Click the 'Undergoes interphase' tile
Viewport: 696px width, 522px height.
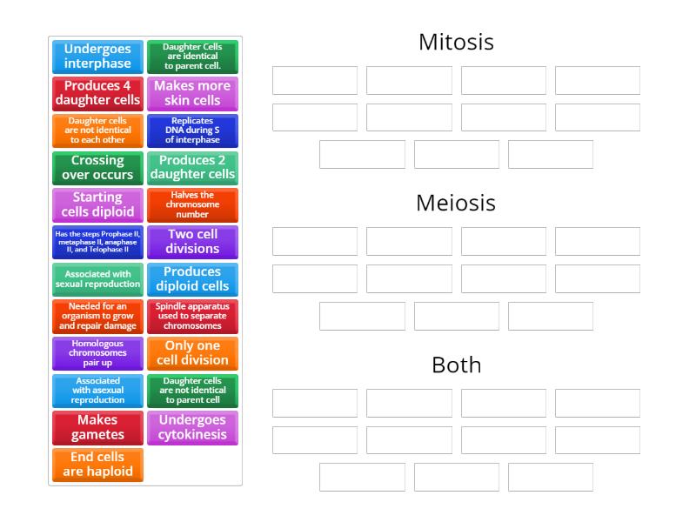pos(97,57)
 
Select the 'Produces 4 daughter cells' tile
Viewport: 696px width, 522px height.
pos(97,93)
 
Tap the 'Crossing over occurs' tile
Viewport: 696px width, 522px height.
pos(97,168)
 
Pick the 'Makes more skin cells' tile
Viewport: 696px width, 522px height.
pos(192,93)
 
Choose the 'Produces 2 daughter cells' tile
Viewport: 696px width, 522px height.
pos(192,168)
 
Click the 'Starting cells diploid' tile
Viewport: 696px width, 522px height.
pos(97,205)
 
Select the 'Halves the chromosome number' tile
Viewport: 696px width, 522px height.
pos(192,205)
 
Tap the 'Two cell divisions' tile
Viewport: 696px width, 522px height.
pos(192,242)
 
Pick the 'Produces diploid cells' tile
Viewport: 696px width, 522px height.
pos(192,279)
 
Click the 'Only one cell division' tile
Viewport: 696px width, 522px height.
pos(192,353)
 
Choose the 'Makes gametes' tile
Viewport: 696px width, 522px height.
pos(97,427)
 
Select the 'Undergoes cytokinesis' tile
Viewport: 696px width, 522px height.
pos(192,427)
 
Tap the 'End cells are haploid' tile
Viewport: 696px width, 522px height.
pos(97,465)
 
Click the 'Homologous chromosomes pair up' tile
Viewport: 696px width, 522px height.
pos(97,353)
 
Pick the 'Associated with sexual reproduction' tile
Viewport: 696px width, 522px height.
pos(97,279)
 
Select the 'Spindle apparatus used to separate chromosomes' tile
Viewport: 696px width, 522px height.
pos(192,317)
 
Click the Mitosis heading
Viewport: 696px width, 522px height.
pos(456,42)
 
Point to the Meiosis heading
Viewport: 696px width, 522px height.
pos(456,203)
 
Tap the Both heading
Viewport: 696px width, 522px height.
pos(456,365)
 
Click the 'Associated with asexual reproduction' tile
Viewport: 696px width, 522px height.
pos(97,391)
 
